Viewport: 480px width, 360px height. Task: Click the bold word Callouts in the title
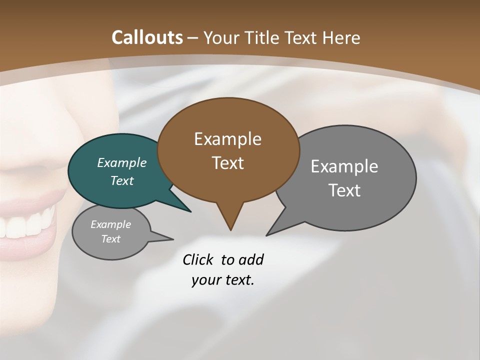[147, 37]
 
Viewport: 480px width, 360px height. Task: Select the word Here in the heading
[341, 37]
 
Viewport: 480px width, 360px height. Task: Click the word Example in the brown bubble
[227, 139]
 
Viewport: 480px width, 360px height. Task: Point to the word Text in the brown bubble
[227, 163]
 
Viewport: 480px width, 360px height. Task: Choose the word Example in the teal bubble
[122, 162]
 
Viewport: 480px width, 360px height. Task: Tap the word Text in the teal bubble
[122, 180]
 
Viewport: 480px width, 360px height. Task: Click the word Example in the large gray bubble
[344, 166]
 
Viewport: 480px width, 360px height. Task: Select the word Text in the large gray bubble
[344, 190]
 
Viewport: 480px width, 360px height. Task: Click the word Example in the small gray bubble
[111, 224]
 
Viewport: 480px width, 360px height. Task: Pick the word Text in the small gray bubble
[111, 239]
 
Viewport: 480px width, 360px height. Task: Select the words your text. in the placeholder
[223, 280]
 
